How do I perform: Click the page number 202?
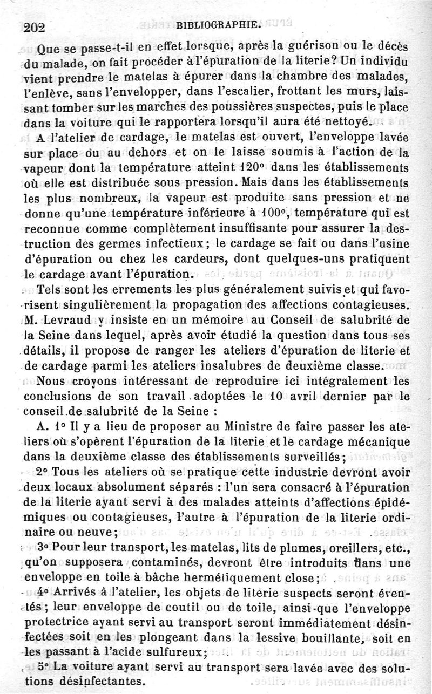(x=35, y=27)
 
